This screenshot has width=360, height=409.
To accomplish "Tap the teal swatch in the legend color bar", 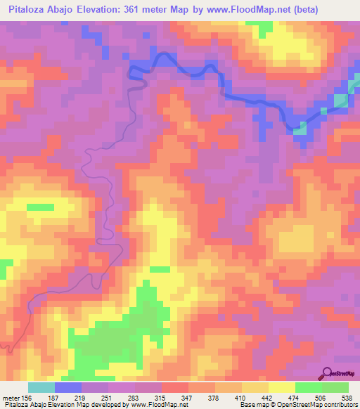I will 41,388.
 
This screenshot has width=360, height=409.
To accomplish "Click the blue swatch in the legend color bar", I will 68,388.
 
